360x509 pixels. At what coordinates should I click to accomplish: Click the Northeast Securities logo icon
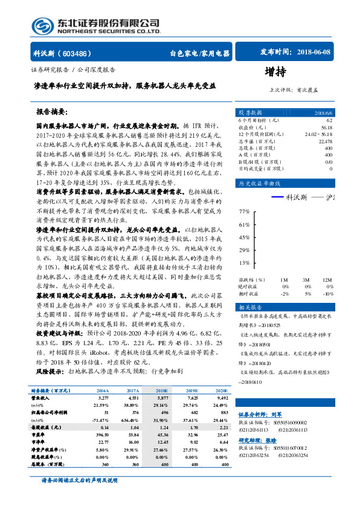point(42,25)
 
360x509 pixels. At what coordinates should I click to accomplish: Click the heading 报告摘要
point(54,112)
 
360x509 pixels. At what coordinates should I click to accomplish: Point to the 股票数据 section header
point(251,112)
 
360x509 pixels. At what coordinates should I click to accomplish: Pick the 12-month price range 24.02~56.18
point(318,134)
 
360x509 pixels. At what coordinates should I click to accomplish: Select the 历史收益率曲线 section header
point(260,183)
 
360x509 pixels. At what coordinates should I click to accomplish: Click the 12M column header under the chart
point(327,280)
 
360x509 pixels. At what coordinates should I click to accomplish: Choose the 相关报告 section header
point(250,308)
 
